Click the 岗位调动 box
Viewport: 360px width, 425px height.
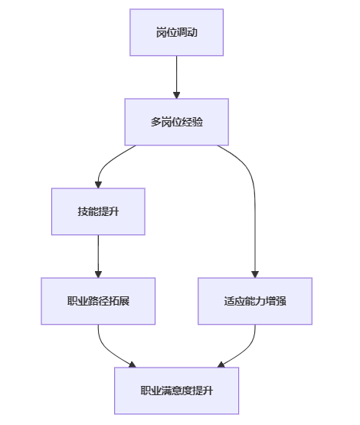(x=176, y=32)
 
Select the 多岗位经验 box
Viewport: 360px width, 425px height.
(x=176, y=122)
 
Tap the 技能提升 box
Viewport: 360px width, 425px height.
(x=98, y=211)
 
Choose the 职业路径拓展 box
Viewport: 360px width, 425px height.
(x=98, y=301)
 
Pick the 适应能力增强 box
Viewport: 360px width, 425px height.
(x=255, y=301)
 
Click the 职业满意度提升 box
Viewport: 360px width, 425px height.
(x=176, y=391)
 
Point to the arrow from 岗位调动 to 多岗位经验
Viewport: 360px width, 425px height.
(x=176, y=77)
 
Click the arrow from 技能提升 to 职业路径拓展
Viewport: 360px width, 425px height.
(x=98, y=256)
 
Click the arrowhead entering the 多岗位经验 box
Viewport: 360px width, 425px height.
(x=176, y=95)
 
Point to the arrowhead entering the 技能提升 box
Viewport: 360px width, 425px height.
(x=98, y=185)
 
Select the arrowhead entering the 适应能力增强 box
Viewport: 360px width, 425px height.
(x=255, y=274)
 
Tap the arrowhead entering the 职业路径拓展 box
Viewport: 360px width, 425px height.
(x=98, y=274)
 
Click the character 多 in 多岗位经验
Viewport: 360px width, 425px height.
(x=156, y=122)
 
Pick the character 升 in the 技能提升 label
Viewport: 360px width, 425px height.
(x=113, y=211)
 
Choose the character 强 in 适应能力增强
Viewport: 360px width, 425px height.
(x=281, y=301)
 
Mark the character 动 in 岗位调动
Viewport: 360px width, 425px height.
(x=192, y=32)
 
